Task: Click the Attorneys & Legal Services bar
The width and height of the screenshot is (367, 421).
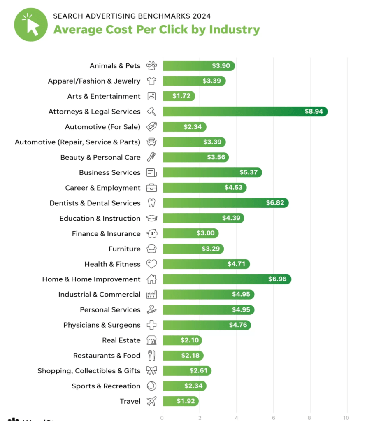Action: [x=245, y=112]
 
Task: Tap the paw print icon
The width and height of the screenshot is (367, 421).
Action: [x=152, y=66]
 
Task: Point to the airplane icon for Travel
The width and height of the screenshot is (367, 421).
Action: [x=152, y=401]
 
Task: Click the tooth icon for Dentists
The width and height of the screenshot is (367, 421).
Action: [x=152, y=203]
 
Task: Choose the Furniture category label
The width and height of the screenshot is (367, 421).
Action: [x=124, y=249]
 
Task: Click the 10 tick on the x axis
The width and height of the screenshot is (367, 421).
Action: [x=347, y=418]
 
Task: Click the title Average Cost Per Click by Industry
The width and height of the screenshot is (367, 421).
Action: [x=156, y=30]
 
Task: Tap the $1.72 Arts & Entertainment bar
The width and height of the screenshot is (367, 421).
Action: [x=179, y=96]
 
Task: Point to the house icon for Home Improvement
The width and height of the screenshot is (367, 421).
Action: [x=152, y=279]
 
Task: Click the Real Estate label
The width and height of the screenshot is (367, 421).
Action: [x=121, y=340]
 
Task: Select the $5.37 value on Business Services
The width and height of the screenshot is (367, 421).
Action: [x=249, y=172]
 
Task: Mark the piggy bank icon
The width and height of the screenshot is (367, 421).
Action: [x=152, y=233]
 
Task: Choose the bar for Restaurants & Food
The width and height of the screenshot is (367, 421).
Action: [x=183, y=356]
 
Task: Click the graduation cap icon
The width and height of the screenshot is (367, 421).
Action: [x=152, y=218]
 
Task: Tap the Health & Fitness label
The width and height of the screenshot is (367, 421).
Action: [x=112, y=264]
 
